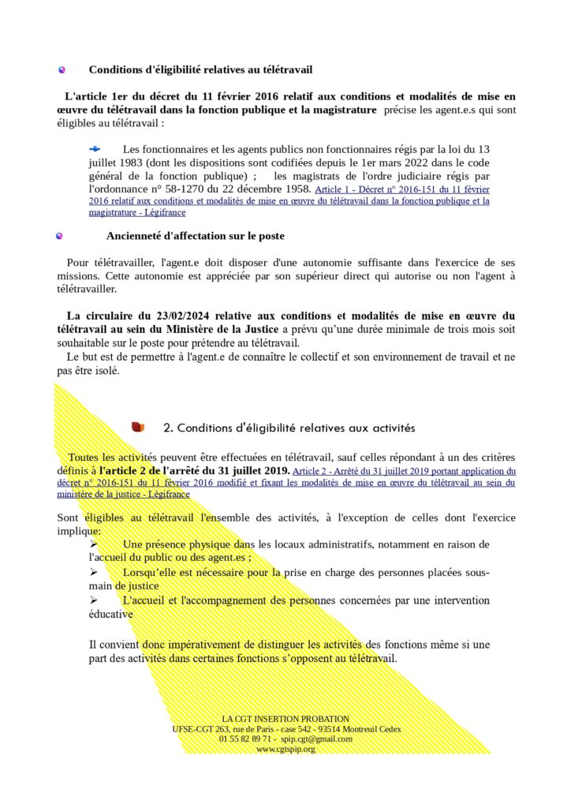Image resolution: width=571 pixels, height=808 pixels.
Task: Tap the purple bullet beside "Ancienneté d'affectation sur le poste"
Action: [x=59, y=236]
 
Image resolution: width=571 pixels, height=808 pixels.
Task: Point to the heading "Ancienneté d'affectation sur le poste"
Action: [x=195, y=236]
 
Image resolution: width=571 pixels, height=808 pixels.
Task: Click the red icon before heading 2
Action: [x=138, y=428]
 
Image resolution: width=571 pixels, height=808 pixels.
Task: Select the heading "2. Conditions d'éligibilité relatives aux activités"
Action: [x=288, y=428]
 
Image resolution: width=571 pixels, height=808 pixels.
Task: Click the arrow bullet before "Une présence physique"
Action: [x=94, y=544]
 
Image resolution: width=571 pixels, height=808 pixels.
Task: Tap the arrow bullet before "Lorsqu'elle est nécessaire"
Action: [x=94, y=572]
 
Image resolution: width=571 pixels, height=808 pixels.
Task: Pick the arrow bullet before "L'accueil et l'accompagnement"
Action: [x=94, y=600]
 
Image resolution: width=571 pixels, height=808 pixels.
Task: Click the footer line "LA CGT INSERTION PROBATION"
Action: [x=285, y=719]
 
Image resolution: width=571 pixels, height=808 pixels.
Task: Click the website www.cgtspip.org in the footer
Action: [x=285, y=749]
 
